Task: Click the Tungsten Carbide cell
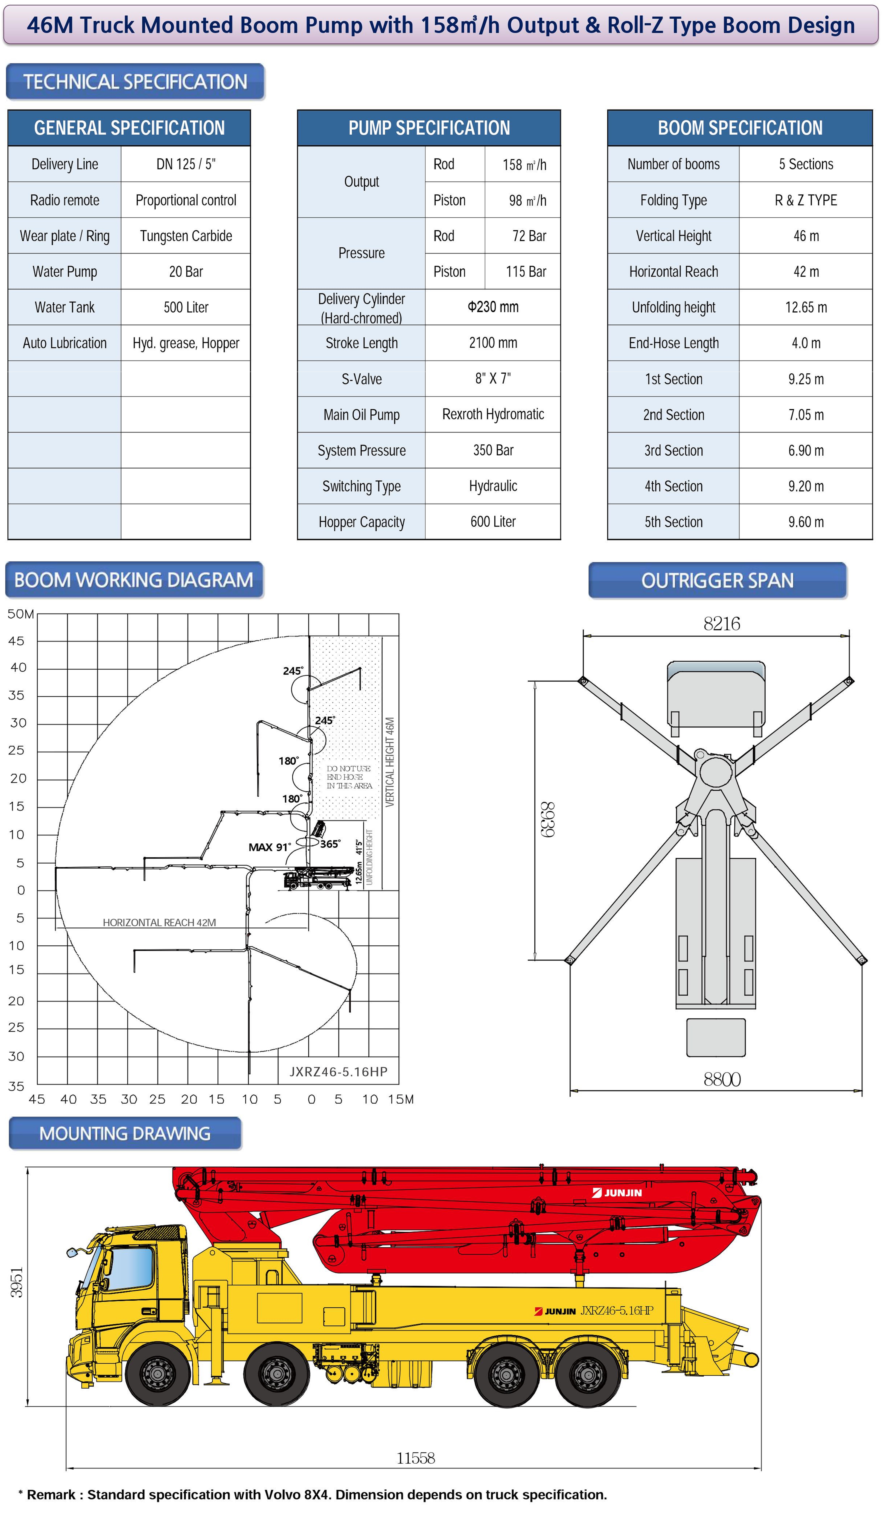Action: coord(186,236)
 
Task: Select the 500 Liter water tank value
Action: coord(186,307)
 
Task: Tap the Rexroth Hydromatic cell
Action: coord(493,414)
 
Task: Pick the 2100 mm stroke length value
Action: coord(493,343)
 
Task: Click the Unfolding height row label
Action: coord(673,307)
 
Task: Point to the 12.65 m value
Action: coord(806,307)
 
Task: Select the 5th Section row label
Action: coord(673,522)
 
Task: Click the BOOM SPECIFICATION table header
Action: coord(740,128)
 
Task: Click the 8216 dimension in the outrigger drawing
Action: coord(722,624)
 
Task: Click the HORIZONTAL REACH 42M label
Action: coord(159,923)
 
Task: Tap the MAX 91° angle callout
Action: coord(269,847)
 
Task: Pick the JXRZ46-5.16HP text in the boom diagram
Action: coord(338,1072)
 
